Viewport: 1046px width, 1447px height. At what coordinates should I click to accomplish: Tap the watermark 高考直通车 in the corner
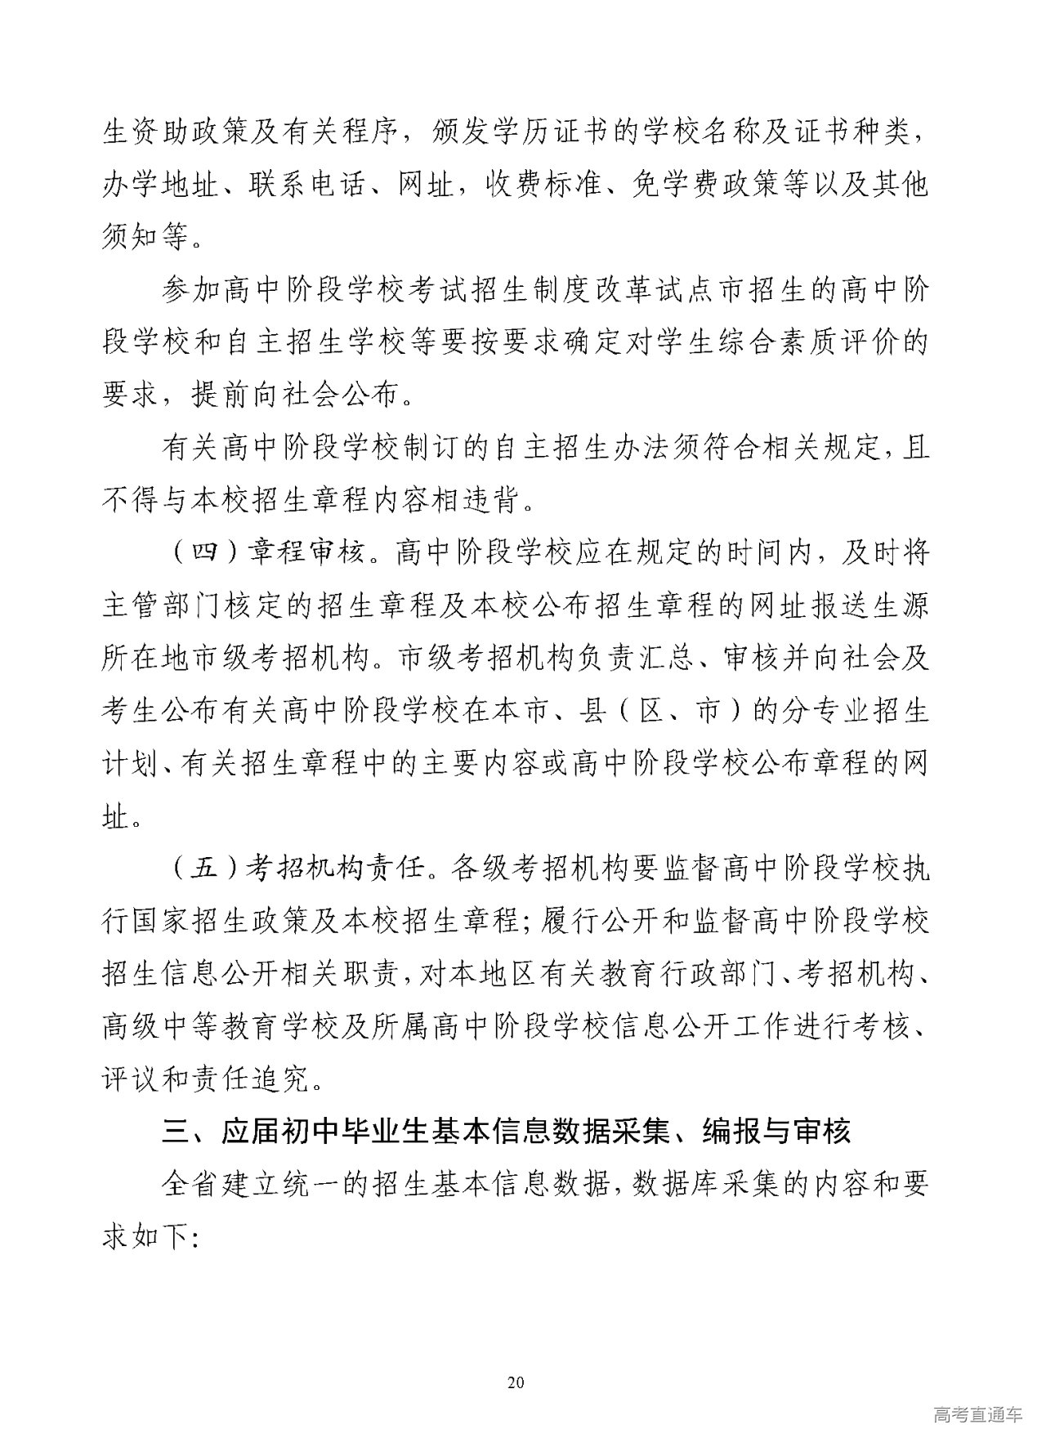pos(977,1415)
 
